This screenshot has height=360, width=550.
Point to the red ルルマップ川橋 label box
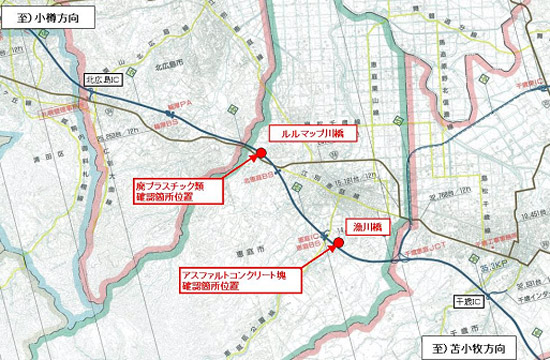click(x=307, y=132)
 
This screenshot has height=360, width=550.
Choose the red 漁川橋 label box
click(x=364, y=228)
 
